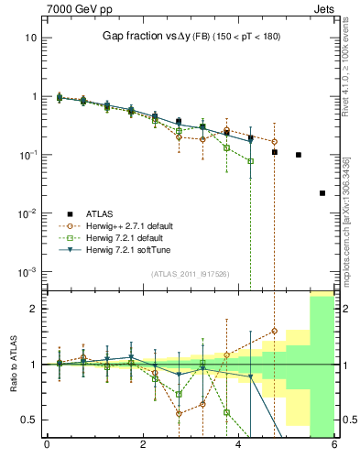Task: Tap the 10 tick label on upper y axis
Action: pyautogui.click(x=32, y=38)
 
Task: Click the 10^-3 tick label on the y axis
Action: pyautogui.click(x=30, y=272)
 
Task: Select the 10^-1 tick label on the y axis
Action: pyautogui.click(x=30, y=155)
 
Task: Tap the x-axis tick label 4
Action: pyautogui.click(x=238, y=448)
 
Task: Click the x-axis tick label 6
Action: pyautogui.click(x=333, y=448)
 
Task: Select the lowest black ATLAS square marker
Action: pyautogui.click(x=322, y=193)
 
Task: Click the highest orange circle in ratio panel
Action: pyautogui.click(x=274, y=331)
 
